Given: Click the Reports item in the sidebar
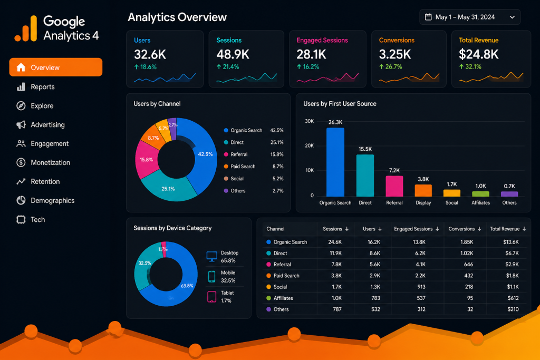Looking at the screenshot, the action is (35, 87).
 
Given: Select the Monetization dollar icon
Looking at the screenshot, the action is (21, 162).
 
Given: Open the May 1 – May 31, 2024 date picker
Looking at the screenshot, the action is (470, 17).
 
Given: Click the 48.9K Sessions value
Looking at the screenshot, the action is (233, 54).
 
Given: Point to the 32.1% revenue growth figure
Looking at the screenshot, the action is (470, 67).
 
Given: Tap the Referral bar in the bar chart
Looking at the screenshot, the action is (394, 186).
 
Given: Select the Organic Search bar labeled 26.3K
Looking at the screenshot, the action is (335, 162).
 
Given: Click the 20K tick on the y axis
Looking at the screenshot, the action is (309, 145).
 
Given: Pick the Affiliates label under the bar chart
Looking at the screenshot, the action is (480, 203).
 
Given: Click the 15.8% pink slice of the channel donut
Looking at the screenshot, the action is (147, 160).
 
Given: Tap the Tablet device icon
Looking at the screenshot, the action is (212, 297).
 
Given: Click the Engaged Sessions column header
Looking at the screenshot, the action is (417, 229).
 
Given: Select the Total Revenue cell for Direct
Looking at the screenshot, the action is (512, 254).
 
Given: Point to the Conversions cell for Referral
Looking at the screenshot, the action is (468, 264).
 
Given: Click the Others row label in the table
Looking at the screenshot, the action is (281, 309).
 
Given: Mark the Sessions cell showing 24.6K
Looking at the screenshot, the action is (335, 242).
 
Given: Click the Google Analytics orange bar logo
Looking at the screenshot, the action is (26, 28).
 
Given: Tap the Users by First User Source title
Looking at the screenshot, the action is (340, 104).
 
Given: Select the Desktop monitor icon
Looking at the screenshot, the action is (212, 257).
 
